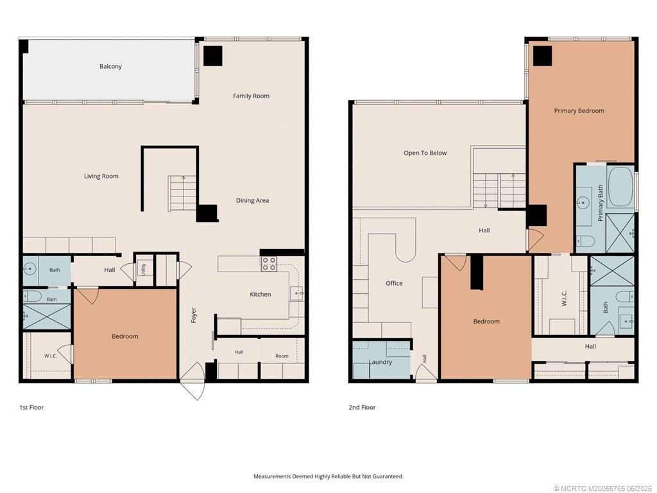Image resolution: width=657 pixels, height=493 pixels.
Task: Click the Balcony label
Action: (110, 66)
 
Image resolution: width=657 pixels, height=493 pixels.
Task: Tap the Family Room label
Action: (251, 96)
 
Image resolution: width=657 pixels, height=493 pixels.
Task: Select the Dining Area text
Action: (252, 200)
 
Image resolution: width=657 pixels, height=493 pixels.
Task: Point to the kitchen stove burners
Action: (269, 264)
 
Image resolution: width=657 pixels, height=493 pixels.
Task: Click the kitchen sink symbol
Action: (297, 293)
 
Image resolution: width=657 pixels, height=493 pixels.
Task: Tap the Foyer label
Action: (194, 315)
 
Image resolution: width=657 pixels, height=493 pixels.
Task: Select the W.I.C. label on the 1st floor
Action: (51, 356)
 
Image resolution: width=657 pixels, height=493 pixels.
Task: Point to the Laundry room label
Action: (380, 362)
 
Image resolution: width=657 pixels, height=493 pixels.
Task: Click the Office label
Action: (394, 283)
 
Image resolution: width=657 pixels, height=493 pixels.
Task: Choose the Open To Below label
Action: (425, 153)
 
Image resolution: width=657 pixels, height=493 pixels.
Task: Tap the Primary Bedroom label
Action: (579, 110)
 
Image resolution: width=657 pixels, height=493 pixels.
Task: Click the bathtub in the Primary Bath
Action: (620, 187)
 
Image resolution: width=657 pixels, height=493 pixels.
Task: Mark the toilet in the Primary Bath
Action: (586, 241)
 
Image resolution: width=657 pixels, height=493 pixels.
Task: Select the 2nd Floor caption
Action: (362, 407)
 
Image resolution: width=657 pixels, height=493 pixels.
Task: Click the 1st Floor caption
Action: (31, 407)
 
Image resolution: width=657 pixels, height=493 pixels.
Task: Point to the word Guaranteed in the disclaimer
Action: (389, 476)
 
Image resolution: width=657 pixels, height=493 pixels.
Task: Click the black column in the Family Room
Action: (213, 56)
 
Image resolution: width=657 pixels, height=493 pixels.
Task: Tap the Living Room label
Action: (101, 176)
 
